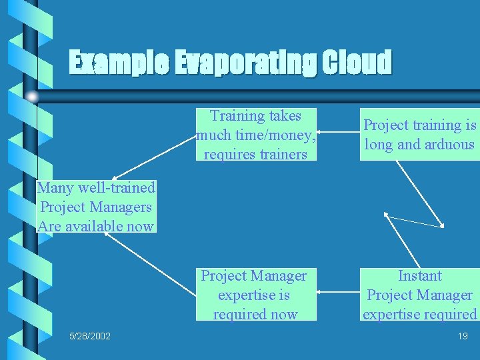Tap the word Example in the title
[x=118, y=63]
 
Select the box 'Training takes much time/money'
[x=256, y=135]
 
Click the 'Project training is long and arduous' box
[x=419, y=135]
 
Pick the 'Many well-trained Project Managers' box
[x=97, y=207]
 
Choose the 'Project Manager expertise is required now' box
[x=255, y=295]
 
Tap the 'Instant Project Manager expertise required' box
[x=419, y=295]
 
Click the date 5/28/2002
[x=90, y=335]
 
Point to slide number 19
[x=463, y=335]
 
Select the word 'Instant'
[x=420, y=276]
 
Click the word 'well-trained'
[x=115, y=188]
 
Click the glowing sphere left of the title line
[x=31, y=97]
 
